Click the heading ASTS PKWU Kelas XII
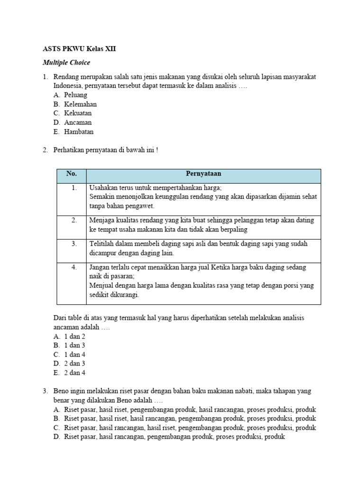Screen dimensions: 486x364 coord(79,49)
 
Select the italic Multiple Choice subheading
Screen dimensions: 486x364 coord(66,63)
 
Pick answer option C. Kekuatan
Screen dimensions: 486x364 coord(73,113)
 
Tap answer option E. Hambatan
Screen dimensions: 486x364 coord(73,132)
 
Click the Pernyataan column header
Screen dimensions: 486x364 coord(203,174)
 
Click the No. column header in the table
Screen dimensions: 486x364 coord(72,174)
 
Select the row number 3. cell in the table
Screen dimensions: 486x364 coord(74,243)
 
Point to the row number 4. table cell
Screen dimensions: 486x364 coord(74,267)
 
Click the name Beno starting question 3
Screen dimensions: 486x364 coord(61,391)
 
